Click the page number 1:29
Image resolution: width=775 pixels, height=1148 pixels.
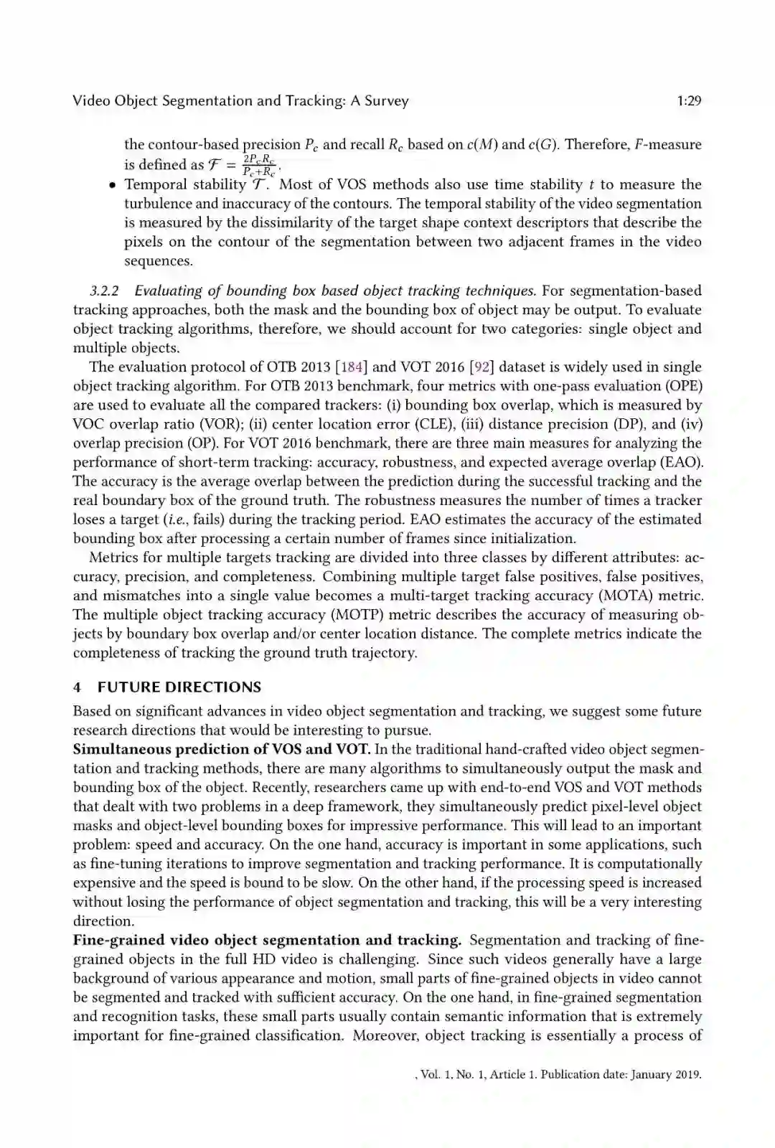pos(688,101)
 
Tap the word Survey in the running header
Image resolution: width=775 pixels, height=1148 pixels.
pos(386,101)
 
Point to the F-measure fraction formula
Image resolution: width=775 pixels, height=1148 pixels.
pos(258,165)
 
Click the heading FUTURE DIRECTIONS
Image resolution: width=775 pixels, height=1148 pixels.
pos(179,687)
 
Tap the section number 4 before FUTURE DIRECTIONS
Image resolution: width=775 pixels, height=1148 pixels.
pos(77,687)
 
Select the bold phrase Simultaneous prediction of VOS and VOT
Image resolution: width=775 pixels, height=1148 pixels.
pos(222,750)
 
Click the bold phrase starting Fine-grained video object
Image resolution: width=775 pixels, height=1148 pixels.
pos(267,940)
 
